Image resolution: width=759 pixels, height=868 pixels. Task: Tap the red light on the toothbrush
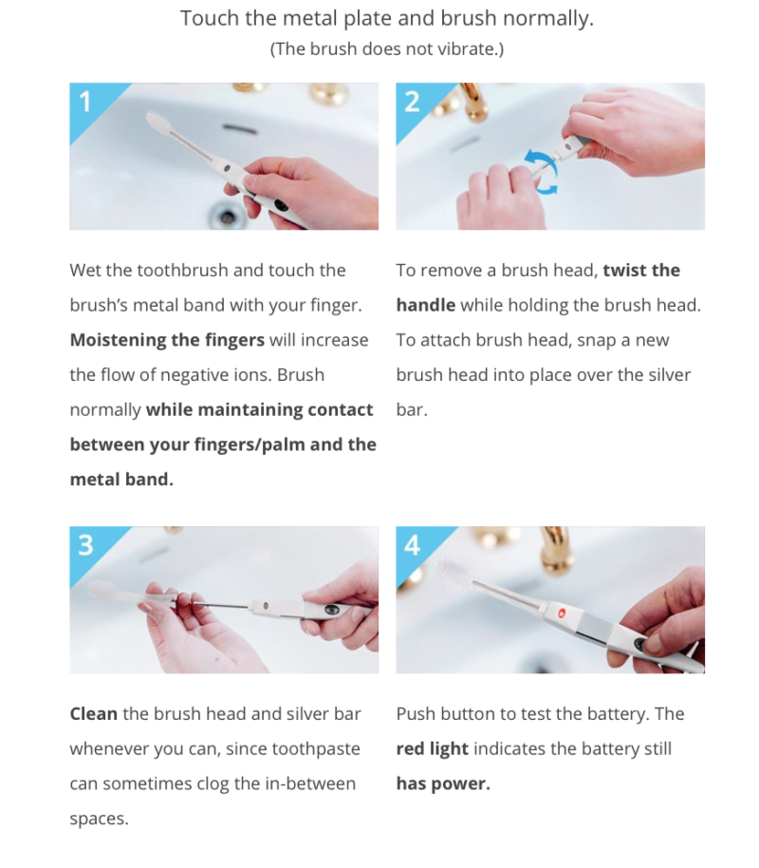[x=562, y=613]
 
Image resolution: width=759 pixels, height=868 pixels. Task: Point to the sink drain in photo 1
[x=226, y=216]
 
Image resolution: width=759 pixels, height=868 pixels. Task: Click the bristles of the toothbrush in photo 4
[x=454, y=573]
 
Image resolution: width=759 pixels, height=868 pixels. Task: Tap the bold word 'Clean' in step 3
[x=94, y=713]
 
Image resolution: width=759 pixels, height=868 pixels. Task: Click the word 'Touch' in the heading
[x=211, y=18]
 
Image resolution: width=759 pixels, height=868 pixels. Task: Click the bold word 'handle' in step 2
[x=426, y=305]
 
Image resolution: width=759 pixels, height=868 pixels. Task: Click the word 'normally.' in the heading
[x=547, y=18]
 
